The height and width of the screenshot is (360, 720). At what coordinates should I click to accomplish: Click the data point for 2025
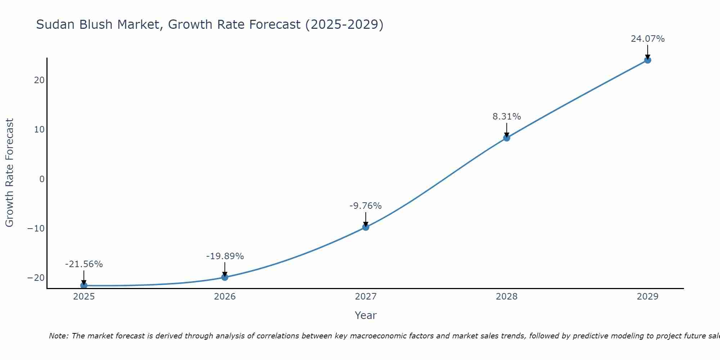pyautogui.click(x=84, y=285)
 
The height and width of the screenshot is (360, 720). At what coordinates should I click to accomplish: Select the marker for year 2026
pyautogui.click(x=225, y=277)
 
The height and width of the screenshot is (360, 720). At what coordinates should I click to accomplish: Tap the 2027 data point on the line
pyautogui.click(x=366, y=227)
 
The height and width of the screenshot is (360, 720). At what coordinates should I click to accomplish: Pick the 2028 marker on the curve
pyautogui.click(x=507, y=138)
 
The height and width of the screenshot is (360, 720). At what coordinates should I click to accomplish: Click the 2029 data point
pyautogui.click(x=648, y=60)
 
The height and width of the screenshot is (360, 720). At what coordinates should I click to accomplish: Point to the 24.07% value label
pyautogui.click(x=648, y=39)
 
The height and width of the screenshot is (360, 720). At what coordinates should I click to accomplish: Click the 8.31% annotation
pyautogui.click(x=507, y=117)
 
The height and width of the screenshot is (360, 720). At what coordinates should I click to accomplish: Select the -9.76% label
pyautogui.click(x=365, y=206)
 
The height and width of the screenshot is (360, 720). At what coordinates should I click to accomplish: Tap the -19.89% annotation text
pyautogui.click(x=225, y=256)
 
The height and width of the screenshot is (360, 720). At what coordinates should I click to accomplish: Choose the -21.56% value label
pyautogui.click(x=84, y=264)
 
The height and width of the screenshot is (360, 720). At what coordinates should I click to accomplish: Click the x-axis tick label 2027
pyautogui.click(x=366, y=297)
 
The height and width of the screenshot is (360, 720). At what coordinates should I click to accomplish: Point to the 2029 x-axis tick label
pyautogui.click(x=648, y=297)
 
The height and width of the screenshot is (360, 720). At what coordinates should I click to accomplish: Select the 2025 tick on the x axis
pyautogui.click(x=84, y=297)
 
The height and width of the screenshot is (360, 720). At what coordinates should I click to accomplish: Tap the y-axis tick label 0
pyautogui.click(x=42, y=179)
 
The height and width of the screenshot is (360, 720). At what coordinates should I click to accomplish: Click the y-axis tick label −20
pyautogui.click(x=36, y=278)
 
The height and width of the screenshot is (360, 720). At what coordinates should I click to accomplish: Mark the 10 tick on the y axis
pyautogui.click(x=39, y=130)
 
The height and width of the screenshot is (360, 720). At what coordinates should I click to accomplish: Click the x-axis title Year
pyautogui.click(x=365, y=315)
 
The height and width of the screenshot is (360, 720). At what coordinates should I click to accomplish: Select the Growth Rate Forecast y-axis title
pyautogui.click(x=10, y=173)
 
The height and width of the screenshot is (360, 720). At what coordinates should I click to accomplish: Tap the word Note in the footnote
pyautogui.click(x=59, y=336)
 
